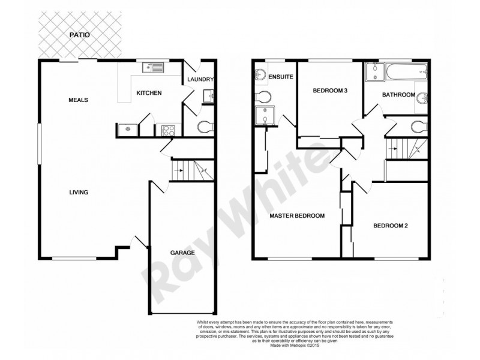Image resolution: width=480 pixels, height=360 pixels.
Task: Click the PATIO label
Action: tap(78, 35)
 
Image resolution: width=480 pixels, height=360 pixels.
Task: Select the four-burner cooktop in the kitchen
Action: tap(166, 128)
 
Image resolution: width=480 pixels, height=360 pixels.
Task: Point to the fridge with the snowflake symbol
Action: tap(127, 128)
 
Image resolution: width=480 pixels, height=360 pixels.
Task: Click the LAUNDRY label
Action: tap(200, 80)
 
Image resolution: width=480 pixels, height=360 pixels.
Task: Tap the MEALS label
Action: tap(78, 100)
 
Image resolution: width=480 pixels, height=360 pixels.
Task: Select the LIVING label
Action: tap(79, 193)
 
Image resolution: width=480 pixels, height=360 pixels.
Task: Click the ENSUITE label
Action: tap(280, 77)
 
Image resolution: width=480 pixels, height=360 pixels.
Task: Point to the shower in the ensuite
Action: tap(263, 116)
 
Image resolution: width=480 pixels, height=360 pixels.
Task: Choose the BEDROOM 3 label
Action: tap(330, 91)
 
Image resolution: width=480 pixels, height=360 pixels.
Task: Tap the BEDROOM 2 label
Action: tap(391, 226)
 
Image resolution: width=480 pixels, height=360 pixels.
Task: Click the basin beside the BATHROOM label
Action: tap(422, 98)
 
